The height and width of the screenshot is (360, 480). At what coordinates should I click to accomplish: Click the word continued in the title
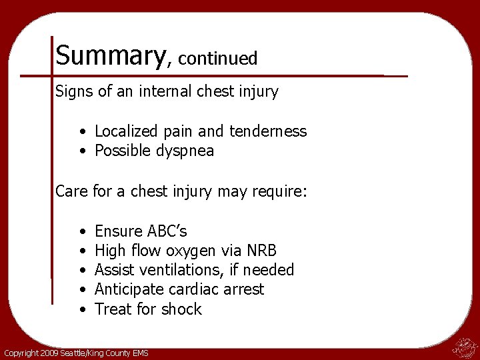(218, 59)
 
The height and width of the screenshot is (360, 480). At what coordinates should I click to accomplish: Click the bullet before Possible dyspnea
(80, 151)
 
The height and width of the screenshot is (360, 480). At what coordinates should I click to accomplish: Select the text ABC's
(165, 231)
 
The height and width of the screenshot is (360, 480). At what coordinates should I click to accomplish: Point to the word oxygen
(189, 251)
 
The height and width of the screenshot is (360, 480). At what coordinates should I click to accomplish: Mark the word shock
(180, 309)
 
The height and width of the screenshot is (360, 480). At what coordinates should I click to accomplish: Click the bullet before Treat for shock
(80, 309)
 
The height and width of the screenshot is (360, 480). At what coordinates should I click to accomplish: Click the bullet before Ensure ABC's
(80, 231)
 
